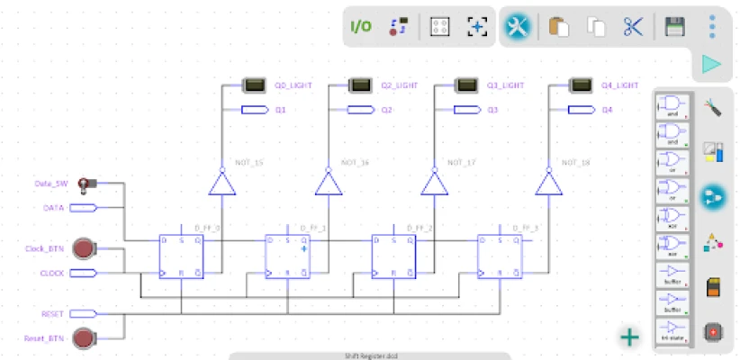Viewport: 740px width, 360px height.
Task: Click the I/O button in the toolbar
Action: (360, 26)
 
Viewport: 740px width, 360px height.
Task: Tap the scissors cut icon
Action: (633, 27)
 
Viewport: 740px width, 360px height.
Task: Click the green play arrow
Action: (711, 64)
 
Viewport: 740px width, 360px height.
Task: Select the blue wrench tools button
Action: (517, 27)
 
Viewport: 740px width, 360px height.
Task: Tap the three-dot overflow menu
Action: (712, 26)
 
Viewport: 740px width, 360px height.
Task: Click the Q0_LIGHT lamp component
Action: (253, 85)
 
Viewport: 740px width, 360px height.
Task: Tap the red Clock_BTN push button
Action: (85, 247)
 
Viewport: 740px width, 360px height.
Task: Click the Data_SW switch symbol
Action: (86, 184)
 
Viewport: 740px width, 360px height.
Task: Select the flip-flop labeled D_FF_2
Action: (394, 256)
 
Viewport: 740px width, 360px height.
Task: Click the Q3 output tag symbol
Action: (466, 110)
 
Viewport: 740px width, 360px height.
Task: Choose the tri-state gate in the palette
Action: (672, 330)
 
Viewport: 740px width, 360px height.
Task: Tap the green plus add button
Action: (629, 337)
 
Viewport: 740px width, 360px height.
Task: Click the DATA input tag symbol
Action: (83, 208)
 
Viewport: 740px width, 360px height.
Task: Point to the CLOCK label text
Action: (51, 272)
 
